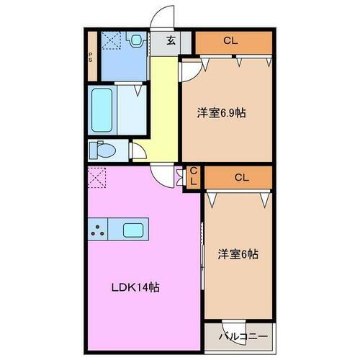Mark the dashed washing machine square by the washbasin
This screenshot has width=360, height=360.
coord(112,42)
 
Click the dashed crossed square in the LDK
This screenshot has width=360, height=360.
coord(97,176)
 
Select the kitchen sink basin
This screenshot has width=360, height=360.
coord(133,230)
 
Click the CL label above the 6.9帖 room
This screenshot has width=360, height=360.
coord(229,41)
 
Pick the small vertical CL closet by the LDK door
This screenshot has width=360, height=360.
coord(193,176)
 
